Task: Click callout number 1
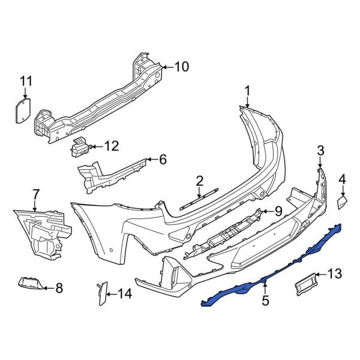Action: point(246,91)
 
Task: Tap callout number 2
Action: point(200,179)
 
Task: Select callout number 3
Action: point(320,149)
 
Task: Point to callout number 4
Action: point(343,178)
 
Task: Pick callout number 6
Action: point(162,160)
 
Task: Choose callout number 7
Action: point(35,193)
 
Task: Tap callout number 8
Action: point(59,289)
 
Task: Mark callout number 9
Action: point(278,210)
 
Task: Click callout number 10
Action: point(181,66)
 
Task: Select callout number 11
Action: point(25,81)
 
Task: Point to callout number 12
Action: point(112,145)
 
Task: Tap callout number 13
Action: point(334,274)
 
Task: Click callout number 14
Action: point(124,293)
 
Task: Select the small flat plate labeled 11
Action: point(23,111)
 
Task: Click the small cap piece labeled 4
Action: point(342,202)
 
